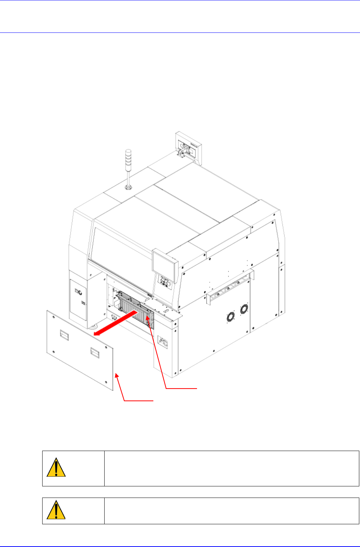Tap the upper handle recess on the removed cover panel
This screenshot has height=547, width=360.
coord(65,336)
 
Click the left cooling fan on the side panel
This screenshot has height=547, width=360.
coord(230,317)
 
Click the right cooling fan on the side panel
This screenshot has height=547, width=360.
coord(244,309)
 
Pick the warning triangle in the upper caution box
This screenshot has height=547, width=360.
coord(56,468)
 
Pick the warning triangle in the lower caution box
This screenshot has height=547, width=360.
coord(56,510)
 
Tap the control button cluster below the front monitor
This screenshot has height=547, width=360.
coord(165,281)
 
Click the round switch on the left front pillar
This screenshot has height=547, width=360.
coord(79,292)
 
